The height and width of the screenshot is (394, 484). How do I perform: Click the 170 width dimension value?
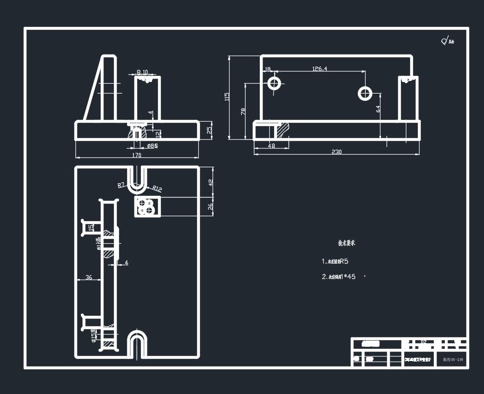[137, 155]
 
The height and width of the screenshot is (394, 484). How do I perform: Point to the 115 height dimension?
[227, 96]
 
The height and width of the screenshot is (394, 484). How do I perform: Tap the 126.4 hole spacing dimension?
[319, 69]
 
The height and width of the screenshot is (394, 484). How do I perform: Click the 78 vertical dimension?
[243, 111]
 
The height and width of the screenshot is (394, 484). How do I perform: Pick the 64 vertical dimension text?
[378, 109]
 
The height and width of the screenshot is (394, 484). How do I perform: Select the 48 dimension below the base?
[271, 146]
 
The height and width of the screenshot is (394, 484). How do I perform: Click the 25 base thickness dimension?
[209, 130]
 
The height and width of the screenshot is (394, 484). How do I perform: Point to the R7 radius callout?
[122, 185]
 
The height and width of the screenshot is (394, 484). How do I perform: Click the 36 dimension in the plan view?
[89, 277]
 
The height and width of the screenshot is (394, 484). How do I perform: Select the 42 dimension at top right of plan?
[210, 183]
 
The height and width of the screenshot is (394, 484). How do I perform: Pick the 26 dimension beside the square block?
[210, 206]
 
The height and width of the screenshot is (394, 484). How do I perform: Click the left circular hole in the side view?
[274, 84]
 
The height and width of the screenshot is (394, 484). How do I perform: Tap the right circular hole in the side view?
[365, 93]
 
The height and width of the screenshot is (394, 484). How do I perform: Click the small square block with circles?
[148, 207]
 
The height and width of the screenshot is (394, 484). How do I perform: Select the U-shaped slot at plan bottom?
[137, 344]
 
